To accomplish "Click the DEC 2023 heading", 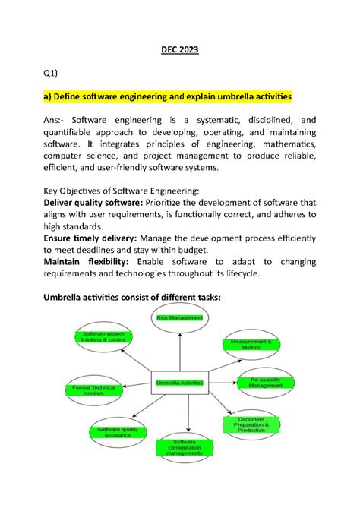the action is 179,50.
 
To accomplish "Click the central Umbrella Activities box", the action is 179,383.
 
